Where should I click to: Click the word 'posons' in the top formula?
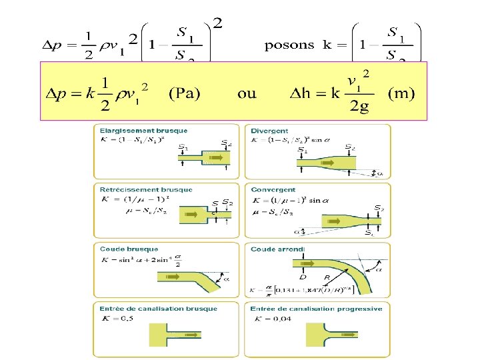click(x=289, y=45)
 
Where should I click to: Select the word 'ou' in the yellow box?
click(x=247, y=93)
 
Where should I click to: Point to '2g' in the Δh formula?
click(x=360, y=108)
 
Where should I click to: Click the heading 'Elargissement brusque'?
click(x=143, y=131)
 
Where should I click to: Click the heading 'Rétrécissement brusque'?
click(x=145, y=189)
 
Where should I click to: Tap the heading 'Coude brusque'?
click(x=129, y=249)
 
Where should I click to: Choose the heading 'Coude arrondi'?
click(x=277, y=249)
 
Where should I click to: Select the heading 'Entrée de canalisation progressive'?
click(x=316, y=309)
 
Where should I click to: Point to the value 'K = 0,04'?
click(x=271, y=319)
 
